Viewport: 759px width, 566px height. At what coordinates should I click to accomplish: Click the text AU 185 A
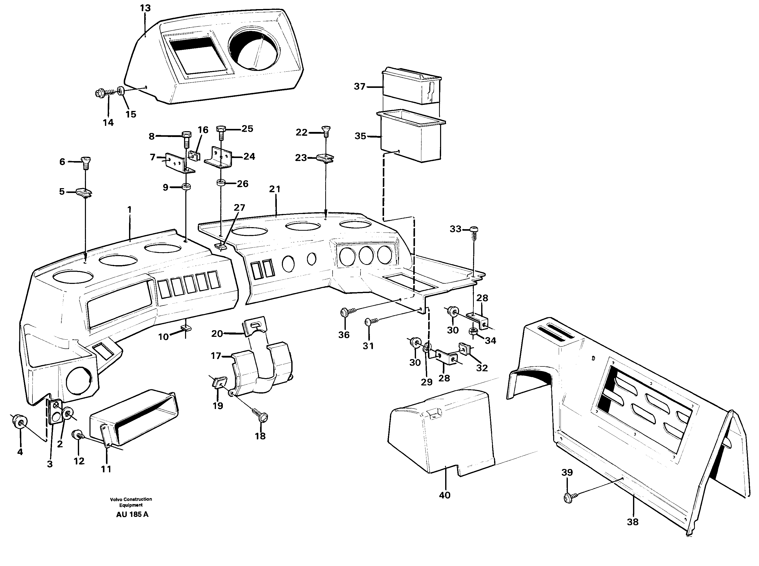(x=132, y=514)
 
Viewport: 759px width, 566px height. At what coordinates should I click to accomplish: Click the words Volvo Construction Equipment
(x=131, y=502)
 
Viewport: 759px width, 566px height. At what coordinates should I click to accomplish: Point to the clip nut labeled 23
(x=325, y=158)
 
